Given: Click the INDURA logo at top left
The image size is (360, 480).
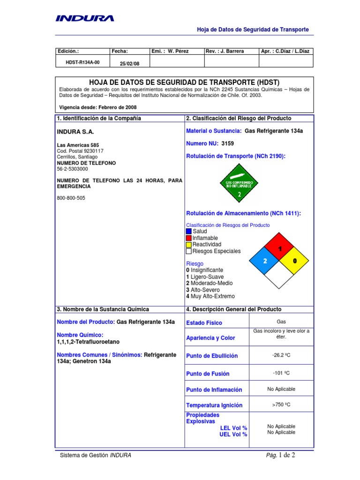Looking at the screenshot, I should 85,18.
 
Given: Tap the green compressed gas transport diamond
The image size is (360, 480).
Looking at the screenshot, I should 239,183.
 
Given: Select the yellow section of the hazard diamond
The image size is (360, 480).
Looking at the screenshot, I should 294,261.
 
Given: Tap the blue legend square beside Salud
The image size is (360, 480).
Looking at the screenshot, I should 188,231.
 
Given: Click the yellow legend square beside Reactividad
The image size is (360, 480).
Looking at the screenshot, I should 188,244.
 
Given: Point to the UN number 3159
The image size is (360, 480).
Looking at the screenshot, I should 228,144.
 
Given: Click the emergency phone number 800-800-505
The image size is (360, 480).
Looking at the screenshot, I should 71,198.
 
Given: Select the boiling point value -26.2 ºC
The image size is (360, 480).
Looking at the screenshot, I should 281,355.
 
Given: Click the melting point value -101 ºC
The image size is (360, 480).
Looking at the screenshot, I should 281,373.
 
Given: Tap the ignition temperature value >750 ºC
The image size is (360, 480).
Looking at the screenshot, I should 281,405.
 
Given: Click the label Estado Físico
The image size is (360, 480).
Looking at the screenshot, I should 204,323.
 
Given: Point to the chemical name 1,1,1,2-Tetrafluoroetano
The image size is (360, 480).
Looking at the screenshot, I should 88,342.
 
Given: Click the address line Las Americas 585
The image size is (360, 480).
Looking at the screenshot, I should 78,145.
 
